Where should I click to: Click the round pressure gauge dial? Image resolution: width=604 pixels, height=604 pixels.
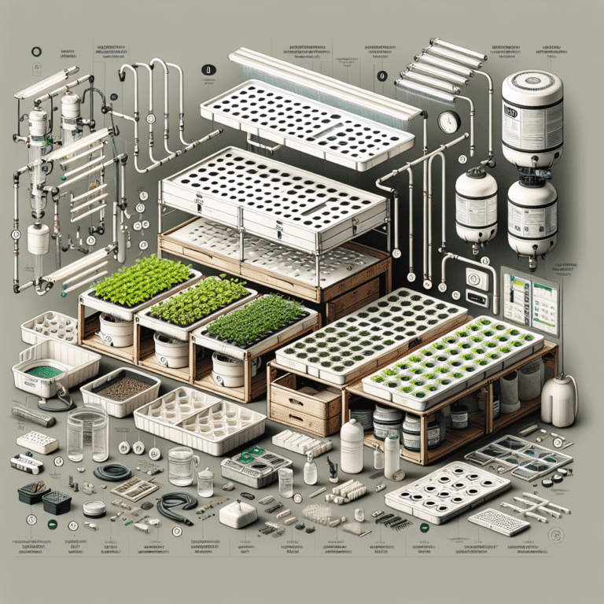[449, 122]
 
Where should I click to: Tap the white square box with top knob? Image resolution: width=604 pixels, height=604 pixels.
[239, 514]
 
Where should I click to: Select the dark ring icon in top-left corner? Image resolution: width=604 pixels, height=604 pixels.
[35, 53]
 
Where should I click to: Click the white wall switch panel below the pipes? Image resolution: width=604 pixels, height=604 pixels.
[477, 283]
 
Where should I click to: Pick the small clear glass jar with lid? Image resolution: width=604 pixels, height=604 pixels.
[205, 481]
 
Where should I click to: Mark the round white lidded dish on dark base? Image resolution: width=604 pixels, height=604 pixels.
[94, 508]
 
